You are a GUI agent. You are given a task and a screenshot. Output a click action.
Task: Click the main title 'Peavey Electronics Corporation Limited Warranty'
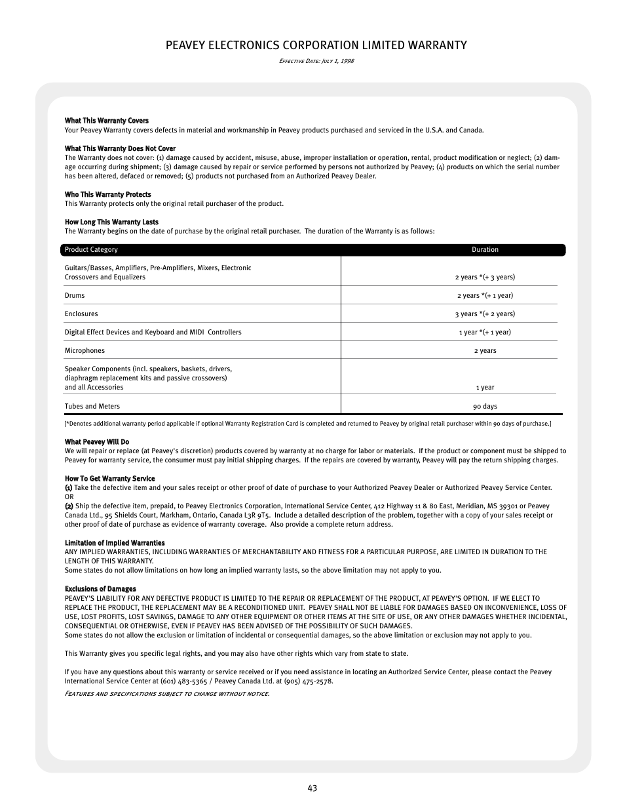pyautogui.click(x=316, y=45)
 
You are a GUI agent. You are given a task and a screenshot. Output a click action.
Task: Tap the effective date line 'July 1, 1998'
pyautogui.click(x=316, y=61)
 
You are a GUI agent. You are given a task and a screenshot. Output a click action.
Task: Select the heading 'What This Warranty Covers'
pyautogui.click(x=106, y=121)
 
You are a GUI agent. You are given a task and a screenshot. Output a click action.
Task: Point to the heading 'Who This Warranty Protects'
pyautogui.click(x=107, y=195)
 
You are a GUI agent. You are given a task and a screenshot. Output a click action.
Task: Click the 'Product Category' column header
pyautogui.click(x=91, y=250)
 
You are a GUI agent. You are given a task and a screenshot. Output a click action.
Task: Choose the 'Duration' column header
pyautogui.click(x=485, y=250)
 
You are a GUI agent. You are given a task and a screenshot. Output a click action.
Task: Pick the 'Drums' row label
pyautogui.click(x=75, y=296)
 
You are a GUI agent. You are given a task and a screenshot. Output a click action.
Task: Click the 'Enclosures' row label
pyautogui.click(x=81, y=314)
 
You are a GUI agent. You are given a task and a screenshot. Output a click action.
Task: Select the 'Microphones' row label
pyautogui.click(x=85, y=351)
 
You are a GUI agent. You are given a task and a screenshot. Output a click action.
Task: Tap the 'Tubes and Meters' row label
pyautogui.click(x=92, y=407)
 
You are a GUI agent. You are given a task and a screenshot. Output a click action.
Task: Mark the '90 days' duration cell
pyautogui.click(x=485, y=407)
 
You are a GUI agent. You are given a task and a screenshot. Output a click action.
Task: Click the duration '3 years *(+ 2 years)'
pyautogui.click(x=485, y=314)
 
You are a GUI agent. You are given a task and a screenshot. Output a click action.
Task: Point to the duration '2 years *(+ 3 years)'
pyautogui.click(x=485, y=277)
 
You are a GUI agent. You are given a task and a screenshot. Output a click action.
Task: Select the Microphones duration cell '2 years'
pyautogui.click(x=485, y=351)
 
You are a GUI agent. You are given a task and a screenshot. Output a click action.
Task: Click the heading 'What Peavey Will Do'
pyautogui.click(x=96, y=442)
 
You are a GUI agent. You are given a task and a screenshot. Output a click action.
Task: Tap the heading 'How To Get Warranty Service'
pyautogui.click(x=109, y=479)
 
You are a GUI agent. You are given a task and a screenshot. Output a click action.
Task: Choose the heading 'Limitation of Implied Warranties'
pyautogui.click(x=115, y=543)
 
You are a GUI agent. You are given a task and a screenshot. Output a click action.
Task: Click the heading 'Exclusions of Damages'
pyautogui.click(x=100, y=589)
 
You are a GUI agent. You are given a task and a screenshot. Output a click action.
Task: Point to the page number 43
pyautogui.click(x=312, y=788)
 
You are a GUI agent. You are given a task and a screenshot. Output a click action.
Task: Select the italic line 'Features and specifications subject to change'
pyautogui.click(x=167, y=694)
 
